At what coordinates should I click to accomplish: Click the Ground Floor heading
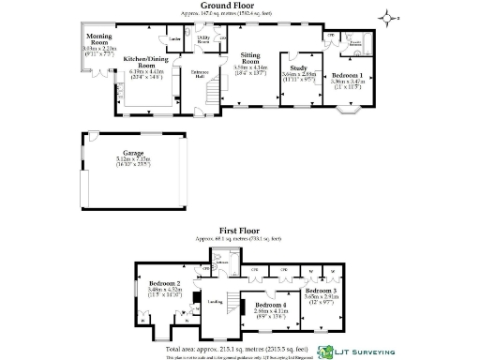[240, 6]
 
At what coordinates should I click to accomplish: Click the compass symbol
[390, 16]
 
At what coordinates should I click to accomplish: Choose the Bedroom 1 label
[348, 74]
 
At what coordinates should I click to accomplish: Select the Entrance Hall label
[201, 74]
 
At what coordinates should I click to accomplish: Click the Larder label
[174, 39]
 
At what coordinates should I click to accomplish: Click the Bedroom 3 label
[321, 292]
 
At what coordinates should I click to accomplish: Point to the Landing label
[215, 301]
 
